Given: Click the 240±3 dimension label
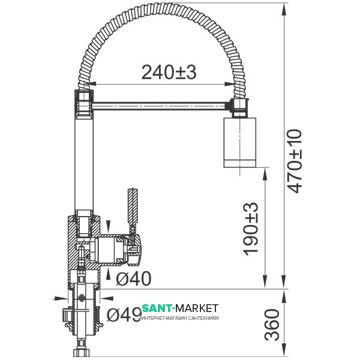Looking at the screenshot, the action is point(169,73).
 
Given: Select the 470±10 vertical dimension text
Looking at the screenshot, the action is point(295,161).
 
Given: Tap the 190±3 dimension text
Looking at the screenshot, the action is point(251,229).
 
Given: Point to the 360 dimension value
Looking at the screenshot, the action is point(272,325).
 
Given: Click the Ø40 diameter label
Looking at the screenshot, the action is point(133,278).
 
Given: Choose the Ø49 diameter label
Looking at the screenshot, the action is point(124,314).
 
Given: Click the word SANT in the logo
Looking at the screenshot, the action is point(157,308).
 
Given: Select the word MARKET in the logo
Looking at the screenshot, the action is point(197,308).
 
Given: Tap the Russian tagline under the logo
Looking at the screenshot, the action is point(180,318).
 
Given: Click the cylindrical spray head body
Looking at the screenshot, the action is point(240,142).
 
